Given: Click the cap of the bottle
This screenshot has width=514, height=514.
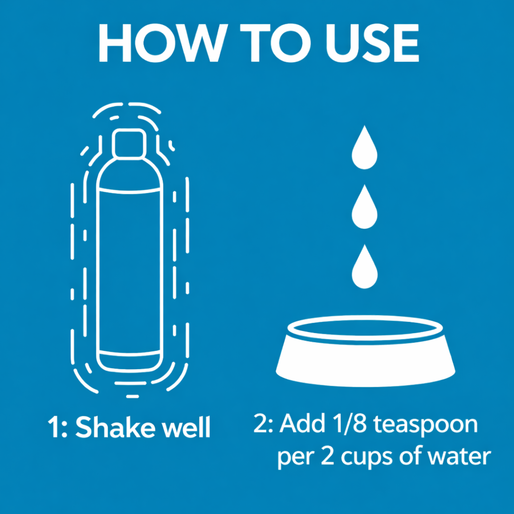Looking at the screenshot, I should [x=129, y=143].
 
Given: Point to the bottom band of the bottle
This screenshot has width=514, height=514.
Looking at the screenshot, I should [x=129, y=360].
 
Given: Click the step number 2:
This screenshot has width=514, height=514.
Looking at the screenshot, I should [x=263, y=424].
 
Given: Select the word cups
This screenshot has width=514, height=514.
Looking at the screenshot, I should [x=367, y=457].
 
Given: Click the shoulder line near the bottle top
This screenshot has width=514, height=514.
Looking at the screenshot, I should [x=129, y=191].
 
